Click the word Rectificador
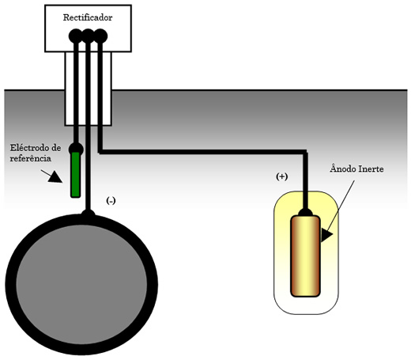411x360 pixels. coord(88,17)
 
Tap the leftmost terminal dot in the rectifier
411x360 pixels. coord(76,36)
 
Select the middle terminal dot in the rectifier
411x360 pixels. coord(88,36)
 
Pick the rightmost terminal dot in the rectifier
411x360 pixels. coord(100,36)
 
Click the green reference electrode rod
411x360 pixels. coord(76,175)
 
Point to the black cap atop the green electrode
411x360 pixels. coord(76,149)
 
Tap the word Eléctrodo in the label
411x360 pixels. coord(32,148)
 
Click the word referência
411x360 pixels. coord(31,158)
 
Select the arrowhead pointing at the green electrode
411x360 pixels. coord(55,177)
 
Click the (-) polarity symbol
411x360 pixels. coord(111,201)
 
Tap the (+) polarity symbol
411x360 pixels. coord(281,176)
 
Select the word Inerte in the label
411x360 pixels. coord(371,169)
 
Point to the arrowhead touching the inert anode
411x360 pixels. coord(326,235)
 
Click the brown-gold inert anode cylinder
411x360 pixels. coord(305,256)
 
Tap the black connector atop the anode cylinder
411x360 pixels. coord(305,212)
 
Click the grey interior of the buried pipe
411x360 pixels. coord(81,285)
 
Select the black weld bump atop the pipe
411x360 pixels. coord(88,213)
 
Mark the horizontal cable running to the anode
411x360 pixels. coord(202,152)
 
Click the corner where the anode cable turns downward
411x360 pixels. coord(305,152)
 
